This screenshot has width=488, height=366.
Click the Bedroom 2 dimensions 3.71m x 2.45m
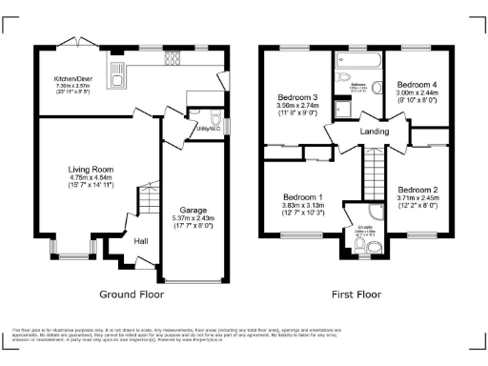point(417,197)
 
